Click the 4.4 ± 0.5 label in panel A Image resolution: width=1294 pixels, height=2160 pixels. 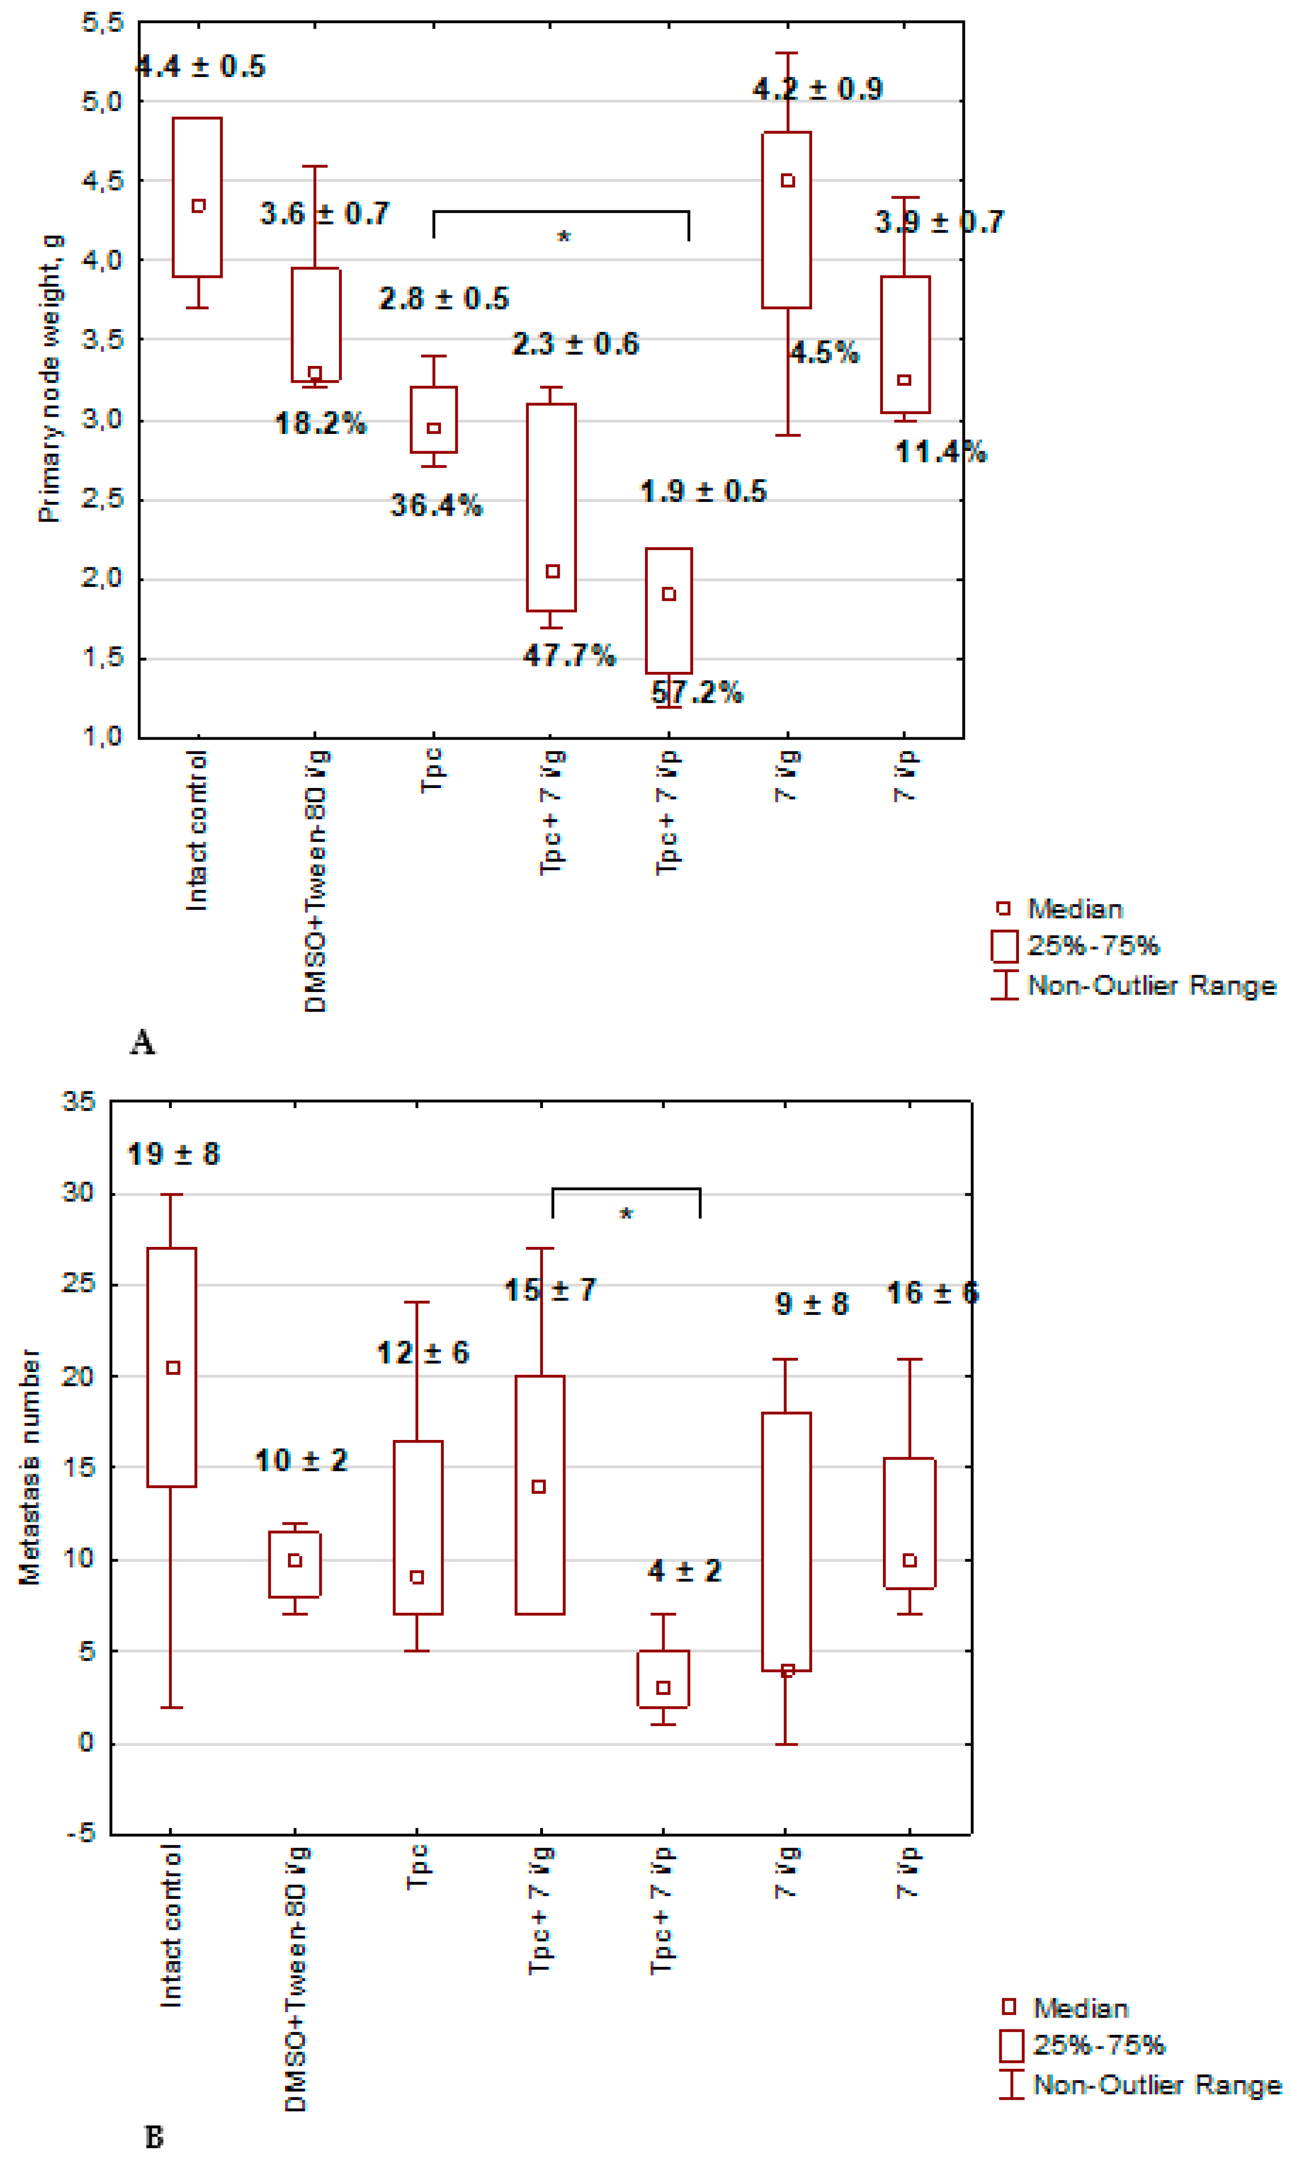point(200,66)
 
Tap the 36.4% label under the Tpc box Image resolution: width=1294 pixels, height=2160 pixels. point(436,505)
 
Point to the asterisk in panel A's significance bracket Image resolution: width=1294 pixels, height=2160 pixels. point(563,237)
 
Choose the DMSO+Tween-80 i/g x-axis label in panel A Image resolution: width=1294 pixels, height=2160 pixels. point(315,881)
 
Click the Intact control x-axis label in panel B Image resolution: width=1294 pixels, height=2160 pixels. point(172,1926)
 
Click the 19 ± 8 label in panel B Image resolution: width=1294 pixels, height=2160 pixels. point(174,1154)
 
